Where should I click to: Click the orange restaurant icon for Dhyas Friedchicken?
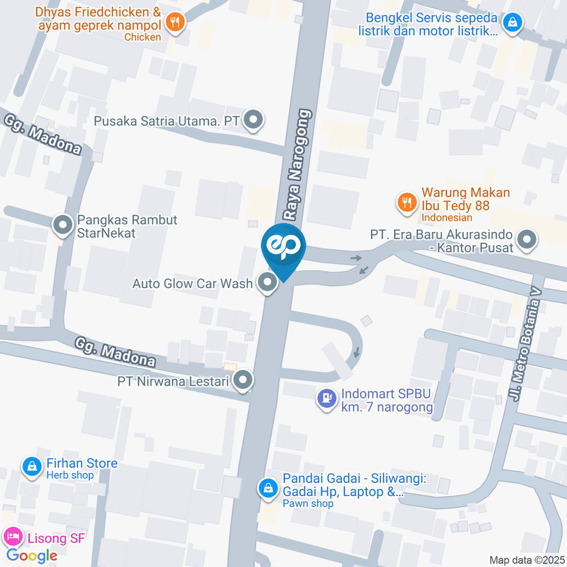tap(175, 22)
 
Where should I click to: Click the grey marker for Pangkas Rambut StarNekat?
tap(62, 225)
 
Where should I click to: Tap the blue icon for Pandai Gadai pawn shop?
tap(268, 488)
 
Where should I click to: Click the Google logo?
tap(32, 555)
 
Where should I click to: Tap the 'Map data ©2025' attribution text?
tap(526, 559)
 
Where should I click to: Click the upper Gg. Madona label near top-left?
tap(42, 135)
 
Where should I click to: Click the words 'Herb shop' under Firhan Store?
tap(70, 475)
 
